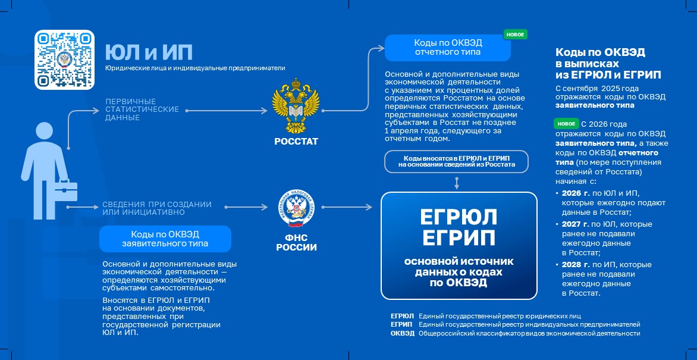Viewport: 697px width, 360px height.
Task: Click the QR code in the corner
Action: tap(65, 60)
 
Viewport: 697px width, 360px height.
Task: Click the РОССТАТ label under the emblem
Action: tap(296, 142)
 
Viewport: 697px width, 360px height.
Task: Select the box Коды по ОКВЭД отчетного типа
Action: tap(448, 48)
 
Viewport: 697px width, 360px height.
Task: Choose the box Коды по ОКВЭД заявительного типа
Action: tap(165, 238)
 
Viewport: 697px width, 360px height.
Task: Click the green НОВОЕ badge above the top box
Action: tap(515, 35)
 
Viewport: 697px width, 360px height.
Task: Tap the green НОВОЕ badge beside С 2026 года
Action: tap(566, 124)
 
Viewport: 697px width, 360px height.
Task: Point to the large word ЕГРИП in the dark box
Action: tap(459, 238)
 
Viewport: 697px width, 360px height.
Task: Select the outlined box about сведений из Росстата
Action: tap(456, 161)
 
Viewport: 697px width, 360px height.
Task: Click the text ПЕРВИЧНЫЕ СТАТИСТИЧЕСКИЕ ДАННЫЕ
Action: tap(142, 109)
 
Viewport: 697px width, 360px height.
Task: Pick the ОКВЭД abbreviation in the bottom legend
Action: tap(402, 334)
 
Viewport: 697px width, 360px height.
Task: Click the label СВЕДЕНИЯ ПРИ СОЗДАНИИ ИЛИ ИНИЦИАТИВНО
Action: tap(156, 208)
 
